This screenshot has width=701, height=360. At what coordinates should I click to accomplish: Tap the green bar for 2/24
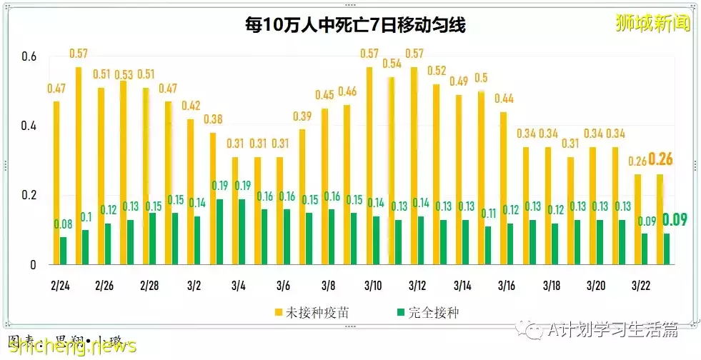(64, 251)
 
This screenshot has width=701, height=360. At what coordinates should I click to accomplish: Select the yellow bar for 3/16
(503, 188)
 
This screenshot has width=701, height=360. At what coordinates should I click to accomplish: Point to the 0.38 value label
(213, 119)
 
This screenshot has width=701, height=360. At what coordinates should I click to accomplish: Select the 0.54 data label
(392, 64)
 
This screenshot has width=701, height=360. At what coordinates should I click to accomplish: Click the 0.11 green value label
(488, 213)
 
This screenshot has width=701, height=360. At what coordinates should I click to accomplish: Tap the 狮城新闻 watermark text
(653, 23)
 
